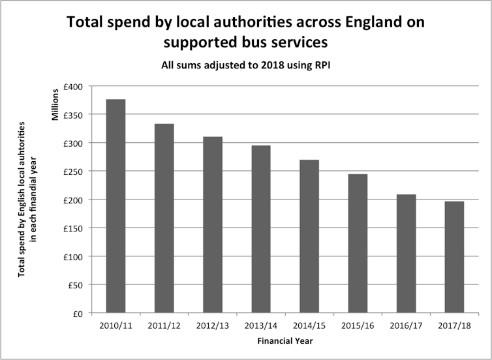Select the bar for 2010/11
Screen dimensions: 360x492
tap(115, 206)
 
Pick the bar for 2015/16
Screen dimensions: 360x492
tap(357, 244)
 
